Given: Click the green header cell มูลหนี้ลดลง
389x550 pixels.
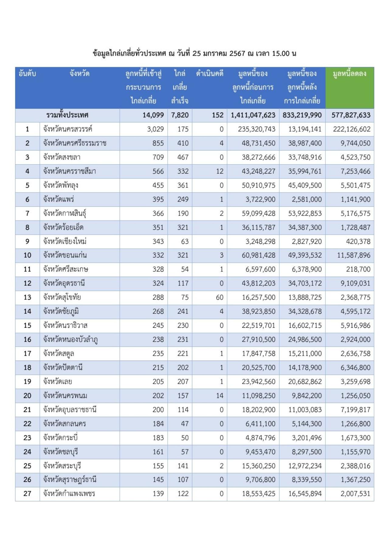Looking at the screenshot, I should pyautogui.click(x=349, y=74).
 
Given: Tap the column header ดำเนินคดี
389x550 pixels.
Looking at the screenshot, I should pyautogui.click(x=210, y=74).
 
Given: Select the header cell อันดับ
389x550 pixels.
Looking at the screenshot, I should pyautogui.click(x=27, y=74).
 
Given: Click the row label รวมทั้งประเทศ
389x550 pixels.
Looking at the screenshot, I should pyautogui.click(x=67, y=115).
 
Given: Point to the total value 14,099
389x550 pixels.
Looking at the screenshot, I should pyautogui.click(x=153, y=115).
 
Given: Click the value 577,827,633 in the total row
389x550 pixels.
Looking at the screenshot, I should pyautogui.click(x=351, y=115).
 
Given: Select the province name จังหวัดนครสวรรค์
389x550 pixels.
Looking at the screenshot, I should pyautogui.click(x=67, y=129).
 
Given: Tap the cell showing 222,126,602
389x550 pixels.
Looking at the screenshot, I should pyautogui.click(x=352, y=129).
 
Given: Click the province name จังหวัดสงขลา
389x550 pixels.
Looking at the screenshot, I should pyautogui.click(x=62, y=157).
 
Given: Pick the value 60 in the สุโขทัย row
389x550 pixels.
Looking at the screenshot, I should pyautogui.click(x=219, y=297).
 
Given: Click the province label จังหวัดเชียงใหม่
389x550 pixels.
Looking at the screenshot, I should pyautogui.click(x=65, y=241).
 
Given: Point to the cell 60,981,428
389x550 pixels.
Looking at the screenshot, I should pyautogui.click(x=258, y=255).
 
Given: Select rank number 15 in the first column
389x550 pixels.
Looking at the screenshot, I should pyautogui.click(x=27, y=325).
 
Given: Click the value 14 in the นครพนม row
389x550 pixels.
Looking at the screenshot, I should pyautogui.click(x=219, y=396).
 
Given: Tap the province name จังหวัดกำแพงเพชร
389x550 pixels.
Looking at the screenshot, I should pyautogui.click(x=69, y=493).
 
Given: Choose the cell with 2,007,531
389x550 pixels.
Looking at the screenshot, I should pyautogui.click(x=355, y=493).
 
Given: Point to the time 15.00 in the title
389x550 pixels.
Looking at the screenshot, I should pyautogui.click(x=281, y=54).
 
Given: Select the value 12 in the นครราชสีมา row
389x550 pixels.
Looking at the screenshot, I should pyautogui.click(x=219, y=171).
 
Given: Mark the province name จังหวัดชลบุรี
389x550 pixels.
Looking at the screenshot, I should pyautogui.click(x=60, y=452).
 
